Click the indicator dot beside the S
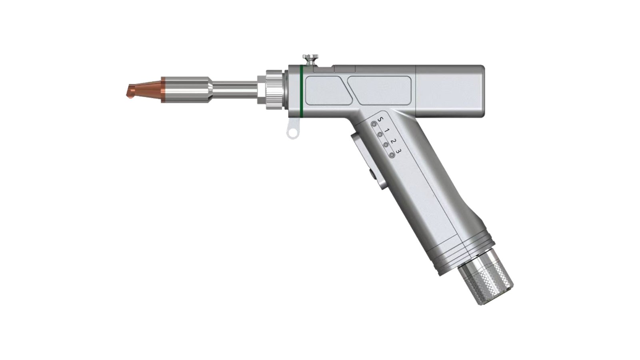tap(374, 124)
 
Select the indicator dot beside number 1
tap(380, 134)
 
